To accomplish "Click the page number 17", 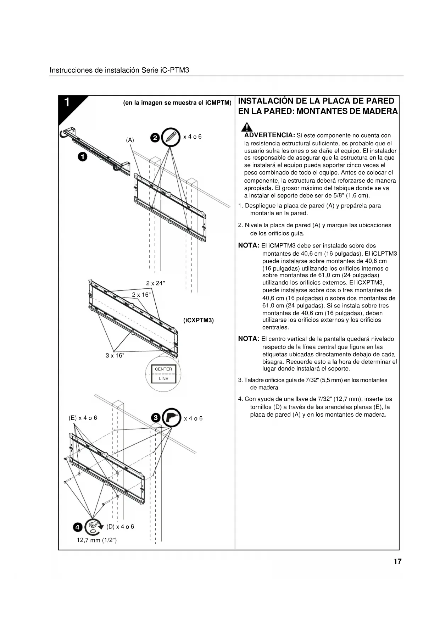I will point(397,561).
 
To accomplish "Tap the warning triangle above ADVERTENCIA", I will point(247,127).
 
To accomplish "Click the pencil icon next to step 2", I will point(171,137).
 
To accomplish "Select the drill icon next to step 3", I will point(172,418).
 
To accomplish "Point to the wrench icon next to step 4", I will point(93,527).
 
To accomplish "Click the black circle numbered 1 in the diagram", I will point(82,156).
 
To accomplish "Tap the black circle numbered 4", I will point(78,527).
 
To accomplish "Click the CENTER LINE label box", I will point(163,374).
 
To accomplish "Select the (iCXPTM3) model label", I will point(199,320).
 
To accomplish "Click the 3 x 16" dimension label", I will point(115,356).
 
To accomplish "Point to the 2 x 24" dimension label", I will point(155,283).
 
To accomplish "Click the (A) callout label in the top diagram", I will point(130,140).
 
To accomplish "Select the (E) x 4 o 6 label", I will point(83,418).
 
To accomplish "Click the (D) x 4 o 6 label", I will point(120,527).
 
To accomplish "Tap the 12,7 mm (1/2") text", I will point(97,540).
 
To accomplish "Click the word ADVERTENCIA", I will point(270,135).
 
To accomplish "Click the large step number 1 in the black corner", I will point(67,102).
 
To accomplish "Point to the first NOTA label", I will point(249,245).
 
